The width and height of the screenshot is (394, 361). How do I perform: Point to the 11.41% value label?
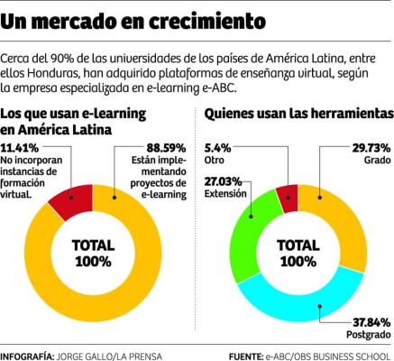click(x=21, y=146)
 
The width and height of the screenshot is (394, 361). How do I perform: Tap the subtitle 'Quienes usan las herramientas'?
click(x=298, y=114)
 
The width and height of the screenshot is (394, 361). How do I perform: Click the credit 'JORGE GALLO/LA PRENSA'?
click(x=108, y=355)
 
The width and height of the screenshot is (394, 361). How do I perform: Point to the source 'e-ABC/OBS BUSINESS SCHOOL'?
click(x=328, y=355)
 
